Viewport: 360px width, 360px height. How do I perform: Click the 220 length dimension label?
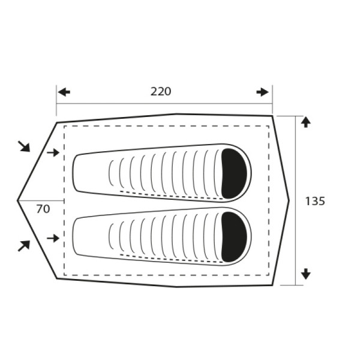point(161,92)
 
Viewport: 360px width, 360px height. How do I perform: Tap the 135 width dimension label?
point(315,202)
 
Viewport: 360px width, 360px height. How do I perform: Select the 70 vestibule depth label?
point(43,209)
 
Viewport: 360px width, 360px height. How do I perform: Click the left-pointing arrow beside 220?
point(64,92)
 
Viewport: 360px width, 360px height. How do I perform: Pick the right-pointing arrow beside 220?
point(262,92)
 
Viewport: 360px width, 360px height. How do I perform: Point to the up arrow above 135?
point(305,122)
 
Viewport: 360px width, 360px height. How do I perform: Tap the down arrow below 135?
point(305,274)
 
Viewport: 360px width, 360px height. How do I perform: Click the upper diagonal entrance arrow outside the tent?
point(25,146)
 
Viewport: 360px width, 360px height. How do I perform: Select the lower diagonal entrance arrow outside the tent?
point(25,245)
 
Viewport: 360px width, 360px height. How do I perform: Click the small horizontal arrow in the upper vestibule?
point(53,152)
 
